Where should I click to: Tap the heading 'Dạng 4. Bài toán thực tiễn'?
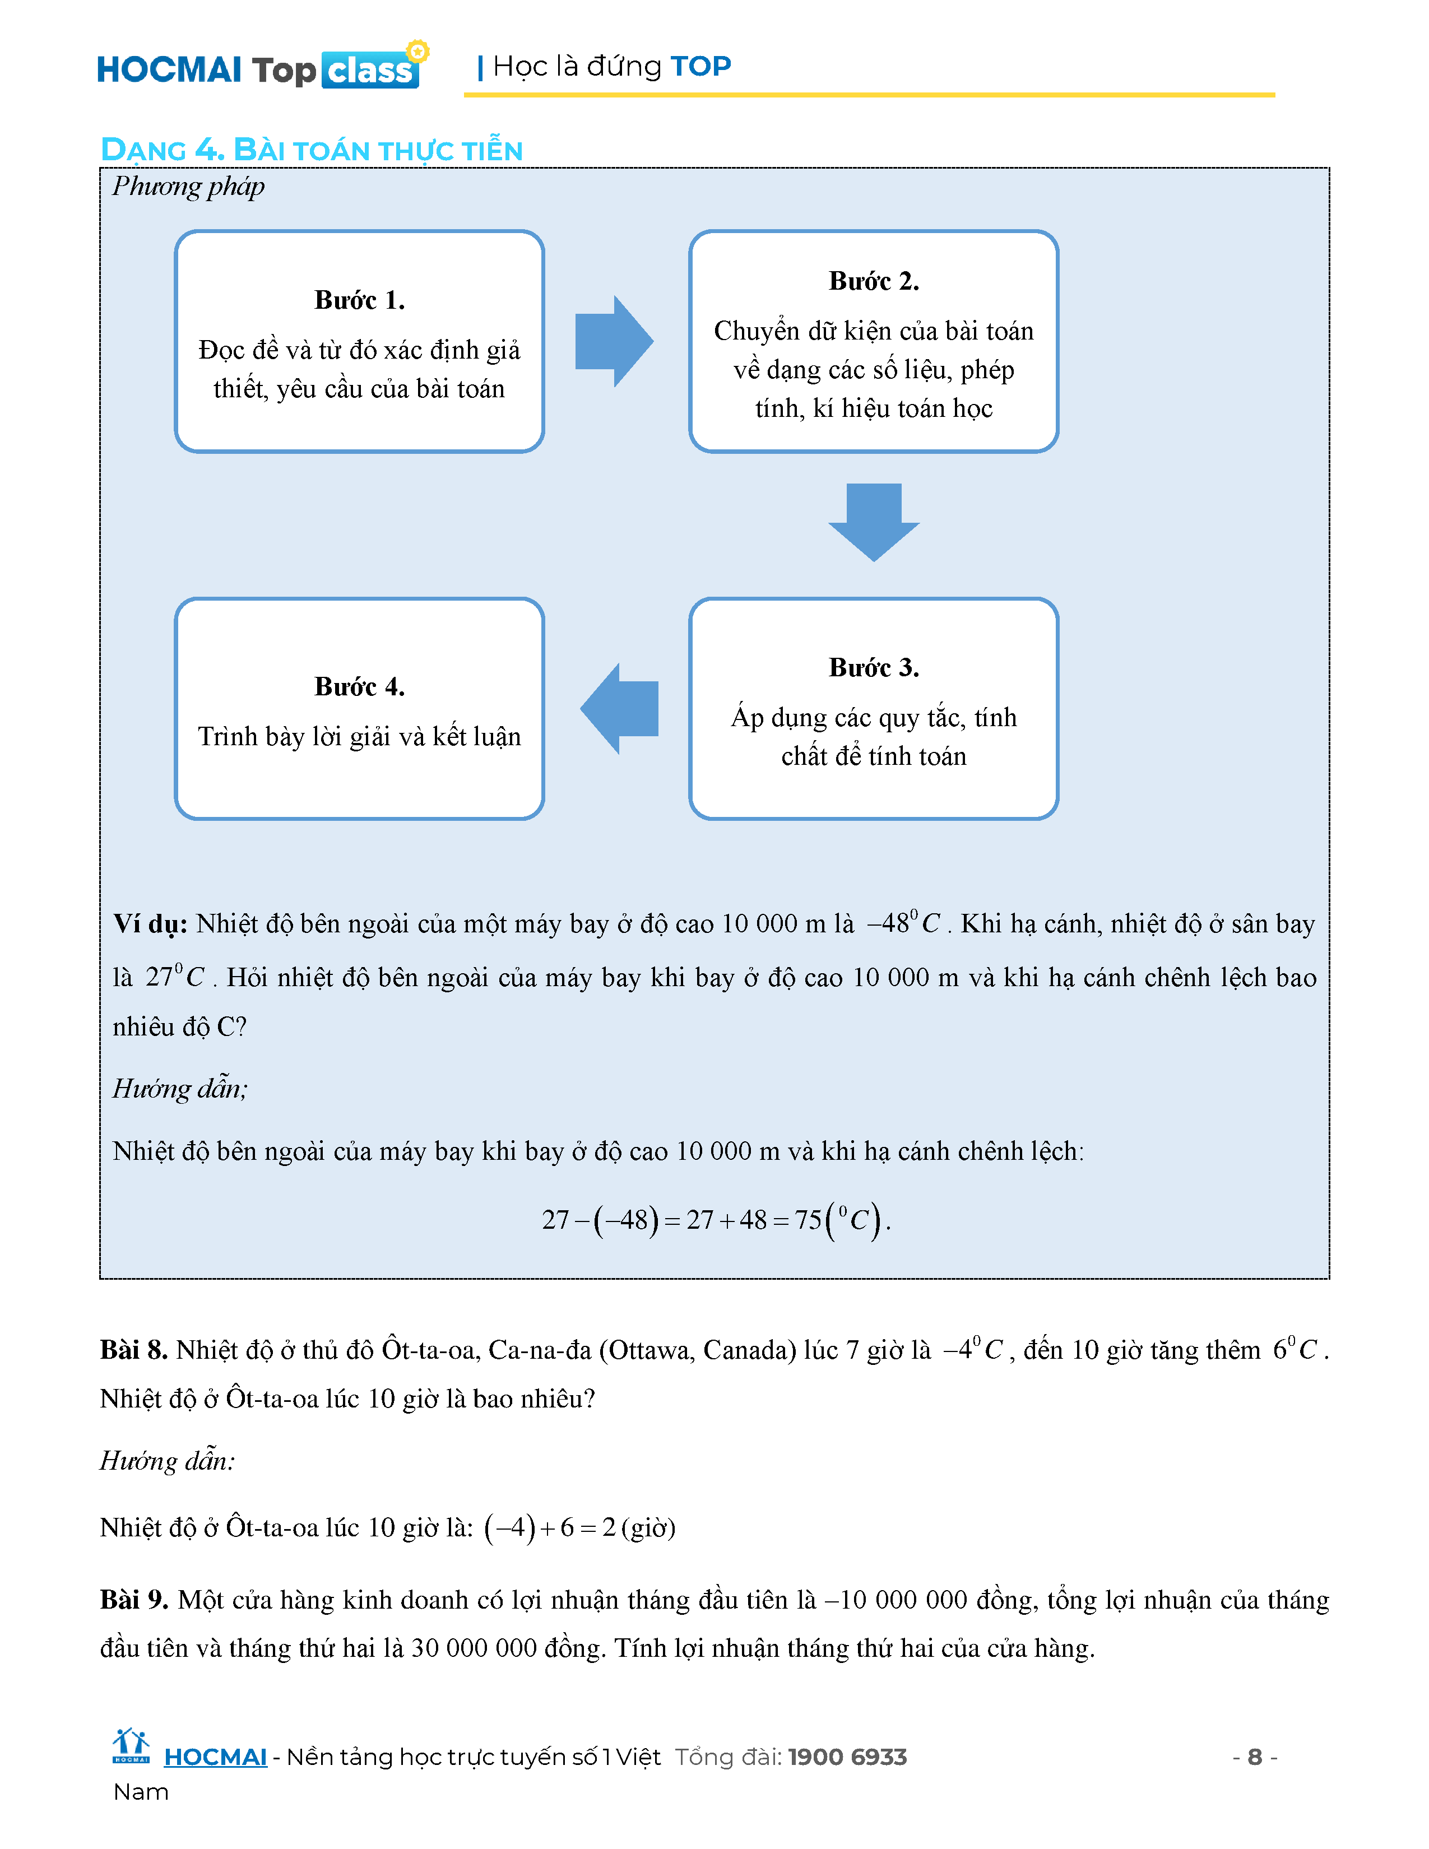tap(312, 150)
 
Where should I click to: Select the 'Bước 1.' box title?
tap(359, 300)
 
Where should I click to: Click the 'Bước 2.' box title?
tap(874, 281)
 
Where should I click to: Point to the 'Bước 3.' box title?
tap(874, 668)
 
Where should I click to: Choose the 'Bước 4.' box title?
tap(359, 686)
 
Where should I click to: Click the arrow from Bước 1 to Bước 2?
tap(614, 341)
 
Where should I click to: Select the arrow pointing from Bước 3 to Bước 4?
tap(620, 709)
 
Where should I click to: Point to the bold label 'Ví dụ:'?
tap(150, 923)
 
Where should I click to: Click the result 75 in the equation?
tap(808, 1220)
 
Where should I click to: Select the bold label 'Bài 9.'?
tap(134, 1600)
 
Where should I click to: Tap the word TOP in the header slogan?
tap(700, 66)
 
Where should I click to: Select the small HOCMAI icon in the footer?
tap(131, 1746)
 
